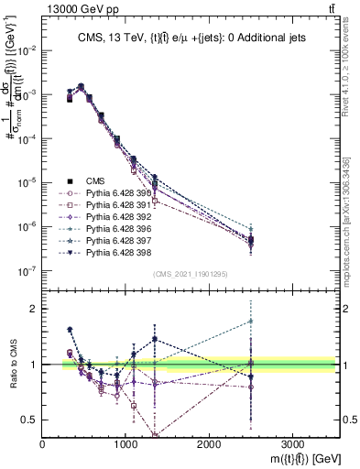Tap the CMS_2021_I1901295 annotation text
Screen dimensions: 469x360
pyautogui.click(x=191, y=272)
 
